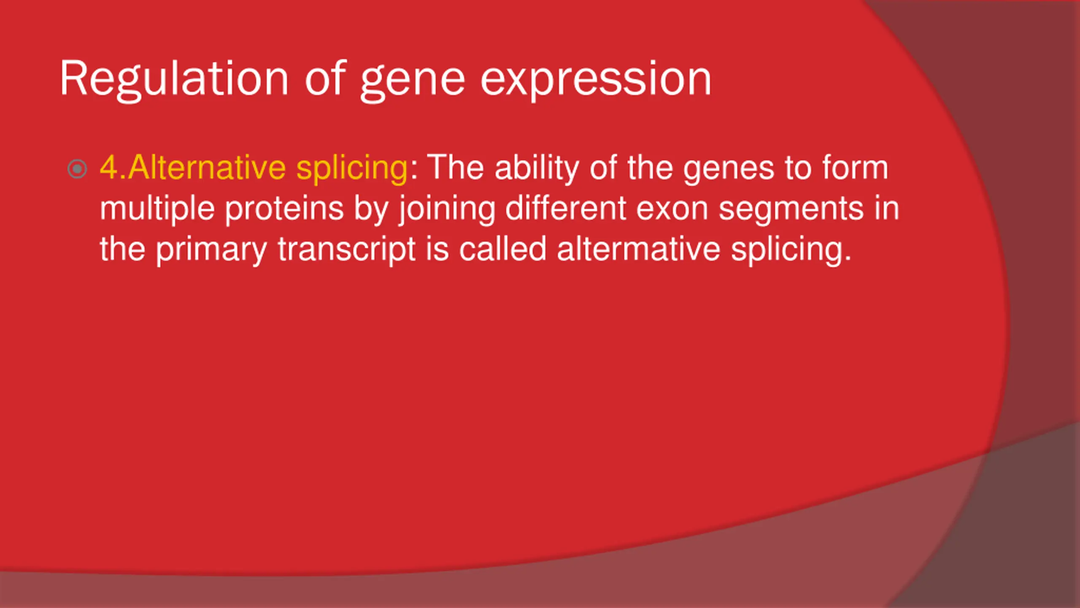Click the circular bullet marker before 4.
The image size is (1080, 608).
[77, 169]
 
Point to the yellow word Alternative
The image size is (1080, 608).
[207, 168]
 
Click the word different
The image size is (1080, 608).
[565, 208]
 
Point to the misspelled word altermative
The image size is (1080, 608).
[638, 249]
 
